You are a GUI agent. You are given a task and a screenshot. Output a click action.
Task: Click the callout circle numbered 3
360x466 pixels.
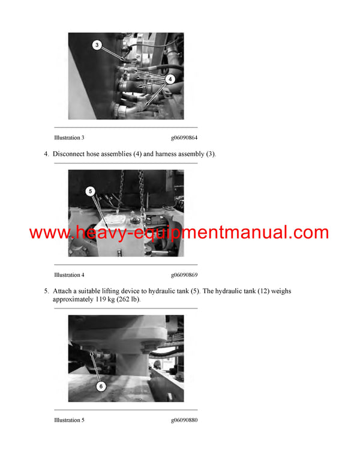(97, 44)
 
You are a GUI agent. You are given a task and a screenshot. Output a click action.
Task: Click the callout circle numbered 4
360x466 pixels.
(170, 79)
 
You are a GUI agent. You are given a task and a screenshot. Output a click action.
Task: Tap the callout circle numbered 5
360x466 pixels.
(91, 192)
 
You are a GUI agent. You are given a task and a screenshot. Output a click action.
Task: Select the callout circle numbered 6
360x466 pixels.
(101, 386)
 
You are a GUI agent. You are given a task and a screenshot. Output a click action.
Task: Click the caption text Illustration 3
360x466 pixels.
(69, 138)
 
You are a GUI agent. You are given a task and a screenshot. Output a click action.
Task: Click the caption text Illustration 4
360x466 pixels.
(69, 275)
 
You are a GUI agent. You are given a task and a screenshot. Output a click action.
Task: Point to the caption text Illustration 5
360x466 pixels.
(69, 420)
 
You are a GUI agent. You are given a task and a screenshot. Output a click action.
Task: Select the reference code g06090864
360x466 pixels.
(184, 138)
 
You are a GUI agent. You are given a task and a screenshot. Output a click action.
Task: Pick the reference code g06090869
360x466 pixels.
(184, 275)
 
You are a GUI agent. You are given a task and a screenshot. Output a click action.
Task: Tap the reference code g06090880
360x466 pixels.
(184, 420)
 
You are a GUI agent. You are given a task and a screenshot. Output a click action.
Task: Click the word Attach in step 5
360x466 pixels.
(64, 291)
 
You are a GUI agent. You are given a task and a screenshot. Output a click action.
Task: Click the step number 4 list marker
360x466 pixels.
(46, 154)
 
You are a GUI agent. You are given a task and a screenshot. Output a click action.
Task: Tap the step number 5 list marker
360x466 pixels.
(46, 291)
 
